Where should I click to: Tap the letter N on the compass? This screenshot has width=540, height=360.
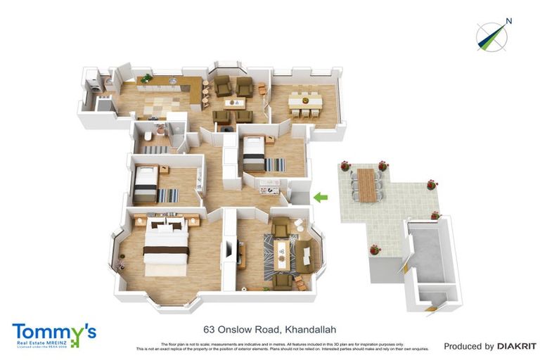[509, 21]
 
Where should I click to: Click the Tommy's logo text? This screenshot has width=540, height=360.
[53, 332]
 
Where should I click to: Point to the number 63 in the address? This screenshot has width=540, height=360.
[209, 328]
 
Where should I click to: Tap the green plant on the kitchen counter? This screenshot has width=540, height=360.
[146, 78]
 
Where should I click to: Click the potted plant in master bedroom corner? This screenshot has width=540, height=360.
[119, 264]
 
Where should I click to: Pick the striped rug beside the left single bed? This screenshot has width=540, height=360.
[169, 195]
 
